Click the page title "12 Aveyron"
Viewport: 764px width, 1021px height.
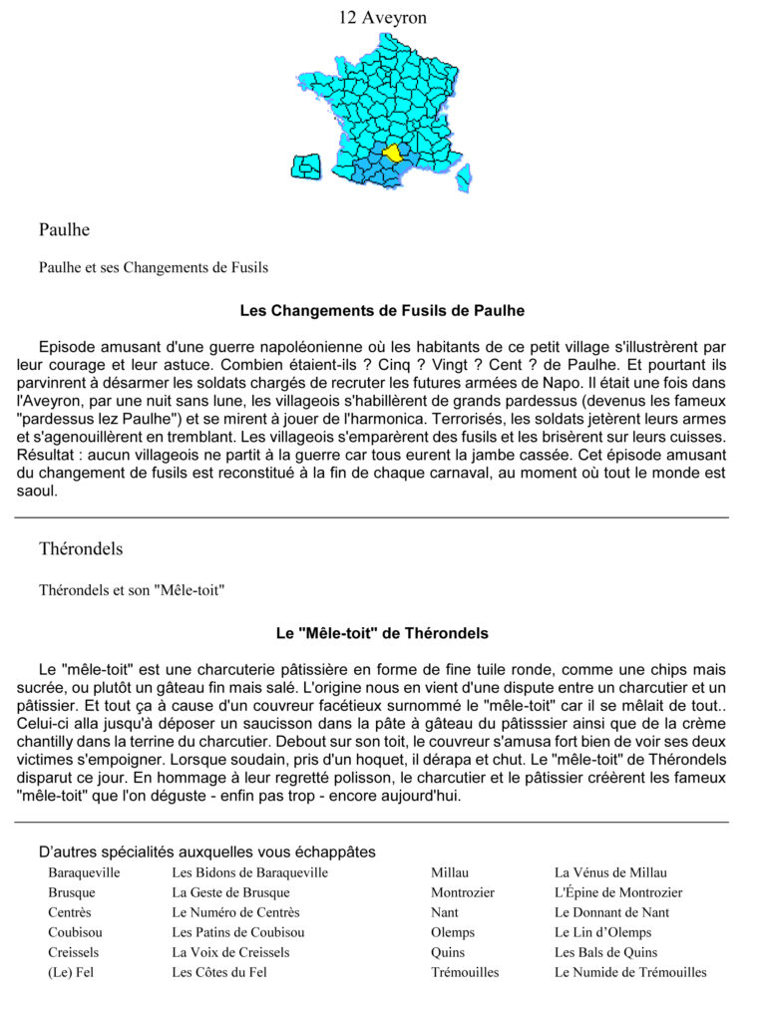(x=382, y=18)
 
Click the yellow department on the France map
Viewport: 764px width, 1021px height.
(x=392, y=153)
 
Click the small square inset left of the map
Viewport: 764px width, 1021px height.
(x=306, y=167)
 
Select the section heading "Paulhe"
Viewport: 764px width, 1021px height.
(x=64, y=230)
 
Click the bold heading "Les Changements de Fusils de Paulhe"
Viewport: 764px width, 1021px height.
(x=382, y=311)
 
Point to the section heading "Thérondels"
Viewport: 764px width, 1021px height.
(x=81, y=549)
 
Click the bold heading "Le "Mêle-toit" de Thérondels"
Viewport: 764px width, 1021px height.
(x=382, y=633)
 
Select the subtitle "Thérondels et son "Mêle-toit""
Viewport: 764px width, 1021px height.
(x=132, y=590)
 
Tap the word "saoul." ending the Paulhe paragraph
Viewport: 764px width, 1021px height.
(x=37, y=491)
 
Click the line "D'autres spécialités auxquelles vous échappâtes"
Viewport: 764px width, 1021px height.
(x=207, y=852)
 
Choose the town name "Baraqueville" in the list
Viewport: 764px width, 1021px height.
(x=84, y=873)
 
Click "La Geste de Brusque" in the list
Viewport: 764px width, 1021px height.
(x=230, y=893)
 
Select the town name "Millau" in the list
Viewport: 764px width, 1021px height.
(x=450, y=873)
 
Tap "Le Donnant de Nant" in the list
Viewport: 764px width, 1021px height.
(x=611, y=912)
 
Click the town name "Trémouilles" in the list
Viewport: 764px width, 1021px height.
(x=465, y=972)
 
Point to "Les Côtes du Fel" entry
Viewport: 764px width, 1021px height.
(x=219, y=972)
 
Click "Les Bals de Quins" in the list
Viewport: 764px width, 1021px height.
(x=606, y=952)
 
